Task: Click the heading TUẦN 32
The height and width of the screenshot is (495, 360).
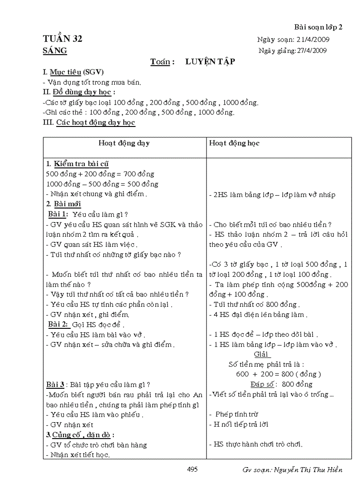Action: tap(63, 39)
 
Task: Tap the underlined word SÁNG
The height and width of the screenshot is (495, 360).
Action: tap(55, 51)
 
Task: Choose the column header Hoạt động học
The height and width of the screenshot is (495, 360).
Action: tap(234, 143)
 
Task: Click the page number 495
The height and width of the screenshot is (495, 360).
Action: tap(192, 469)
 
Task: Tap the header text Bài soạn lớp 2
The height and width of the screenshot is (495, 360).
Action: tap(318, 27)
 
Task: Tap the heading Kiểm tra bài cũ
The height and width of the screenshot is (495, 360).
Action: tap(81, 164)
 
